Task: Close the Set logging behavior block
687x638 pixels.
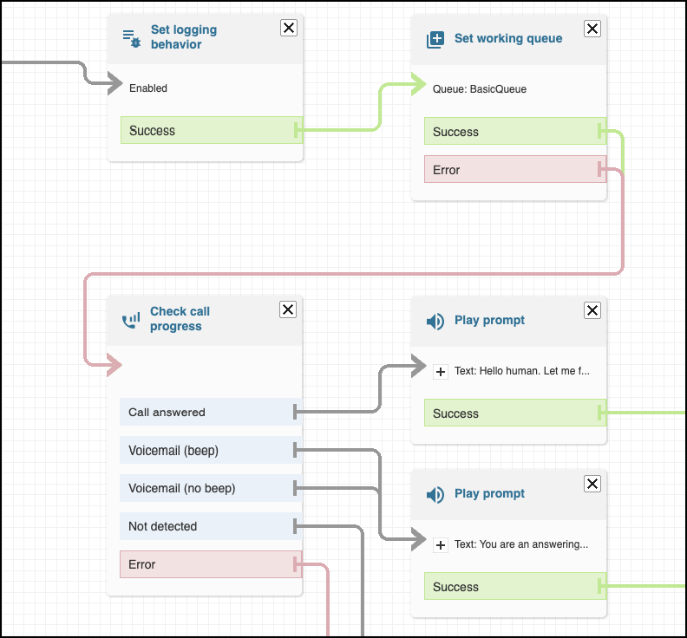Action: click(289, 29)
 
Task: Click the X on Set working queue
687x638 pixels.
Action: click(592, 29)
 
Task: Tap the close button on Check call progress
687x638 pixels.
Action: click(289, 310)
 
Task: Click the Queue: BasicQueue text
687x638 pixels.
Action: click(480, 88)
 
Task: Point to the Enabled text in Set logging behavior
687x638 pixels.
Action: click(148, 88)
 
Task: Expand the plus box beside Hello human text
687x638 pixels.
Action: click(441, 371)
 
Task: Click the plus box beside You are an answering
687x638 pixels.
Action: click(441, 544)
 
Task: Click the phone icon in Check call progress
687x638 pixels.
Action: click(130, 320)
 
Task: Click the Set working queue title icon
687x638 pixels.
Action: click(435, 39)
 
